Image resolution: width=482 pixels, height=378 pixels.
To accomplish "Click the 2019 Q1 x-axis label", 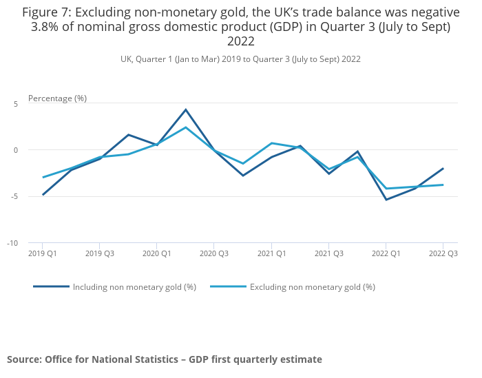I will (x=43, y=254).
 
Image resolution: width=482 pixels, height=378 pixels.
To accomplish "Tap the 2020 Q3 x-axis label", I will (x=214, y=254).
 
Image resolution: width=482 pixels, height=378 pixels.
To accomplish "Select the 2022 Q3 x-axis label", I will (x=443, y=254).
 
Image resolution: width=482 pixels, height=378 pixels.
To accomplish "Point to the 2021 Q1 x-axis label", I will (x=271, y=254).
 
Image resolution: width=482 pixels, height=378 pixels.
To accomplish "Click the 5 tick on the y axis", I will (x=15, y=103).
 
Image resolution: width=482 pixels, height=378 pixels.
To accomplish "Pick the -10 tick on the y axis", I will (x=12, y=243).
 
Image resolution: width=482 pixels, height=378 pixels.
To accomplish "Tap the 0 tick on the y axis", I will (x=15, y=150).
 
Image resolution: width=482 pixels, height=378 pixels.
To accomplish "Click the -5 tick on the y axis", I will (x=14, y=196).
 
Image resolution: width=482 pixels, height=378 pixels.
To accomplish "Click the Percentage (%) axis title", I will (x=57, y=98).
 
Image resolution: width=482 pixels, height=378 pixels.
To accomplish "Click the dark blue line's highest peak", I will (x=186, y=109).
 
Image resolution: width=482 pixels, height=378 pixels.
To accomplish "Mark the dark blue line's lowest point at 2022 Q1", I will (x=386, y=200).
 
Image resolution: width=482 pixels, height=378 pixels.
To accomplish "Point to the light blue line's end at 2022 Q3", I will (x=443, y=185).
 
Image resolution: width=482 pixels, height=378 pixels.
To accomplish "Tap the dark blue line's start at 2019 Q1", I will (x=43, y=194).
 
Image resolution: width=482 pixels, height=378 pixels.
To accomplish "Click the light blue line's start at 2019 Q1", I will (x=43, y=177).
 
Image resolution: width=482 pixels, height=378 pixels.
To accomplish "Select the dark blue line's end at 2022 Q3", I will (x=443, y=168).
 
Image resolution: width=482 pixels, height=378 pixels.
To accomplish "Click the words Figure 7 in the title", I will (x=48, y=12).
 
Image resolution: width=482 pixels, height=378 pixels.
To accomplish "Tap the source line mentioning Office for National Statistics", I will (x=164, y=359).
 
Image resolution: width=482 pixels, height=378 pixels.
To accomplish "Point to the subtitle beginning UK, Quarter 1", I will (x=240, y=59).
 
